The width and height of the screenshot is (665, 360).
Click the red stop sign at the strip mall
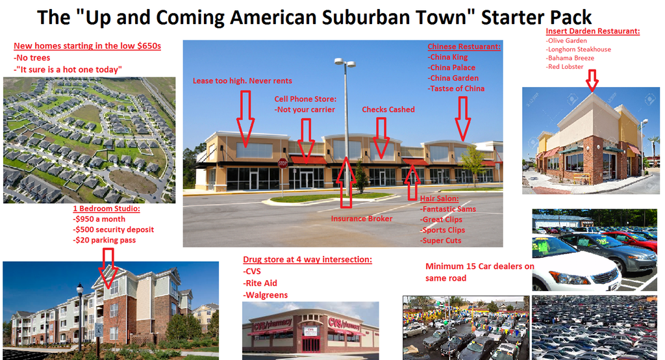[282, 163]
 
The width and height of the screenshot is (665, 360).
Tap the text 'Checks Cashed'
[388, 110]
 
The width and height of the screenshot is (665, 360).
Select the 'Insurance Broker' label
[361, 218]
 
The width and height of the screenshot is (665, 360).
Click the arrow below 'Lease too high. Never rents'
[245, 118]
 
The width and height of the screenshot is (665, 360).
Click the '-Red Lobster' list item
[564, 67]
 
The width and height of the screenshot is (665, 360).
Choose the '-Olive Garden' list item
[566, 41]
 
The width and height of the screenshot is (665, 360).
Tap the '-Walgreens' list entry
[266, 295]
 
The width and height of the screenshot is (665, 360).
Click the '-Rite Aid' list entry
[260, 283]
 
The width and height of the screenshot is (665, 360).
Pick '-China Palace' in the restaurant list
[451, 68]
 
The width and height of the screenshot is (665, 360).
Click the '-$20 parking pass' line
[105, 240]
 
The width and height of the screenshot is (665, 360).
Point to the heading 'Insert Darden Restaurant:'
[592, 31]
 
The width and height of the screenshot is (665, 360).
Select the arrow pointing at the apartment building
[108, 268]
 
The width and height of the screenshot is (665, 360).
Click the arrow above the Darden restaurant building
[592, 80]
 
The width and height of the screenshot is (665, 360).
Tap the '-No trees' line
[32, 58]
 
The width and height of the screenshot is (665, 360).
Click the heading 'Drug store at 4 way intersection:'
[307, 259]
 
